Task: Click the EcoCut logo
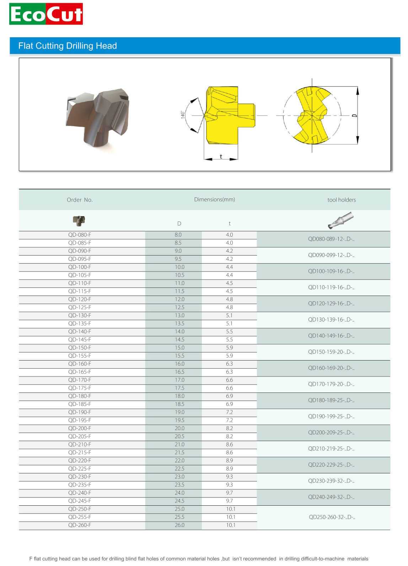pos(46,14)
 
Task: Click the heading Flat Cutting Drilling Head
pos(68,46)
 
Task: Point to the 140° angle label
pos(183,114)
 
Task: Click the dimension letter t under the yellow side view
pos(221,156)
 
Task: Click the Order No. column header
pos(80,200)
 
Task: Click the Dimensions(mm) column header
pos(214,199)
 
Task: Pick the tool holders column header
pos(341,200)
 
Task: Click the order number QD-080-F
pos(80,235)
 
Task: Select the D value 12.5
pos(179,307)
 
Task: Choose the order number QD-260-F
pos(80,525)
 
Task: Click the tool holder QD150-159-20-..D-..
pos(331,352)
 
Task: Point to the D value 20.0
pos(179,428)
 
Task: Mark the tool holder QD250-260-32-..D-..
pos(332,517)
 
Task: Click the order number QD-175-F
pos(80,388)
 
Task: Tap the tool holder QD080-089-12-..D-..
pos(331,239)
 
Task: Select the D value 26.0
pos(179,525)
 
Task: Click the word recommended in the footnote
pos(259,559)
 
